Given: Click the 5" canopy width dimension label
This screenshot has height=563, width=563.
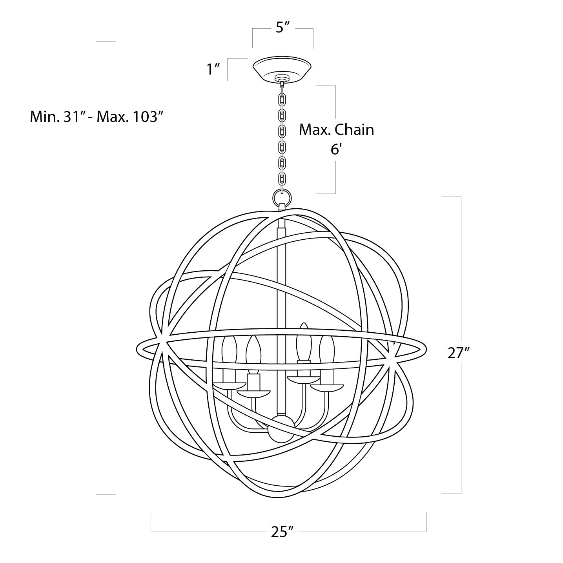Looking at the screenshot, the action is pos(282,28).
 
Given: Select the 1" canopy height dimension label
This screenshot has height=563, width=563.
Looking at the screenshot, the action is pos(213,69).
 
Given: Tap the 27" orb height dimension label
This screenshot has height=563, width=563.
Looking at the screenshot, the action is pos(458,353).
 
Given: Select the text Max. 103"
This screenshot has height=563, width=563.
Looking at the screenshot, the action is pos(130,117).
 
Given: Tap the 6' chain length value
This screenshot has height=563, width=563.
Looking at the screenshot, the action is pos(336,149).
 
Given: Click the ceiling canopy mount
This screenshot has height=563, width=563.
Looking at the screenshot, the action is pos(282,69).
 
